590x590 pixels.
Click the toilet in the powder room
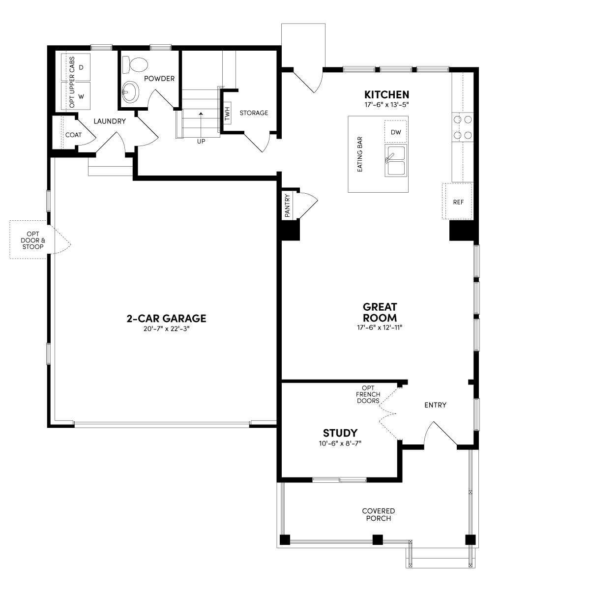click(x=135, y=64)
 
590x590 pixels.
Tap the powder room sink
click(x=130, y=92)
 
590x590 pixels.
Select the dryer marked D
click(x=76, y=67)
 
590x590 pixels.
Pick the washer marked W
click(x=76, y=96)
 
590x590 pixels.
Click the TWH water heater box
click(x=227, y=113)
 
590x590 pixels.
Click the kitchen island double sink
click(x=396, y=160)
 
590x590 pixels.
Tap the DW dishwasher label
click(x=396, y=132)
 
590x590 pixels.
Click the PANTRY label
click(x=287, y=206)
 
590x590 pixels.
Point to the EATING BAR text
click(x=360, y=154)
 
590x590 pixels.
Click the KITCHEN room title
click(x=387, y=94)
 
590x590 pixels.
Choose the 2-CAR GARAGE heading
click(x=166, y=319)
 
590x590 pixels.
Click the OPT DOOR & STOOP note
click(x=33, y=240)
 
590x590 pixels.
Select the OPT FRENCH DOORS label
click(x=368, y=394)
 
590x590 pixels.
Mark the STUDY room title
click(x=340, y=433)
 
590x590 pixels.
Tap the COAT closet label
click(x=73, y=135)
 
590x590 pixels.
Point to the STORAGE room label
click(x=254, y=113)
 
